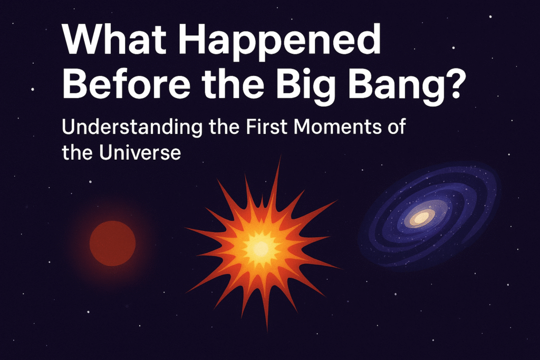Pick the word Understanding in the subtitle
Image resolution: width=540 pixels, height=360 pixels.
click(132, 128)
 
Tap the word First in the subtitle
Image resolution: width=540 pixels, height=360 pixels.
click(266, 126)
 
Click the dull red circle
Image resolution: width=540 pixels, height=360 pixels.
click(113, 244)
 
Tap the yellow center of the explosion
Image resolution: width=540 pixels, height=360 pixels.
click(261, 248)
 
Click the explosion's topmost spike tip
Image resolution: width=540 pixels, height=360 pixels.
click(280, 157)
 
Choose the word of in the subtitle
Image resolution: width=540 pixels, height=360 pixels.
click(397, 126)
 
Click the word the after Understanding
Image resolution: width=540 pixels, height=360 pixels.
click(224, 126)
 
